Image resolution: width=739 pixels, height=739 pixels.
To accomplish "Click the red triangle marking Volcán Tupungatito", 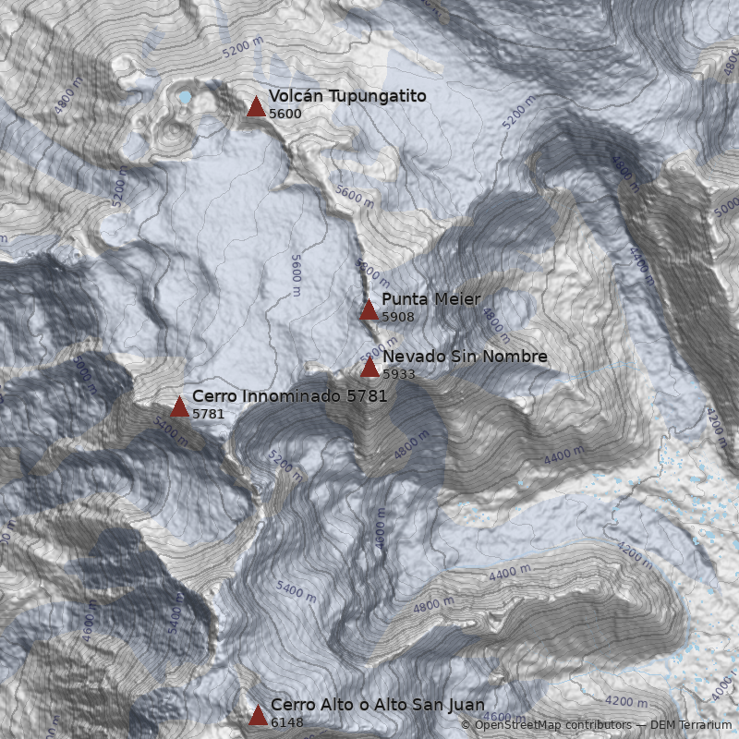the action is coord(257,106).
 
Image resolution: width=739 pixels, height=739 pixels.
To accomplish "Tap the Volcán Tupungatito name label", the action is coord(347,96).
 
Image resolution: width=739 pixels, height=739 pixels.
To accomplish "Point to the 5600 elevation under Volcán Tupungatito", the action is coord(285,114).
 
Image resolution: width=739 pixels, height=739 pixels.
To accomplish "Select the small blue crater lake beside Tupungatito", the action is coord(186,96).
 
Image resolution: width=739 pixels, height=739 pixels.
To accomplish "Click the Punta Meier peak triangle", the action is coord(369,309).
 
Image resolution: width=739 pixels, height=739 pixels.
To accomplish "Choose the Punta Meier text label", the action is coord(430,299).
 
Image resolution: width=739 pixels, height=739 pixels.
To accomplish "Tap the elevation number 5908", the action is coord(398,317).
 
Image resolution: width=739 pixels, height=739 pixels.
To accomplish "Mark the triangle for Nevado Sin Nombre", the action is coord(369,368).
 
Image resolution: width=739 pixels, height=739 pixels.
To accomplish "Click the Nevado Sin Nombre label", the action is coord(465,357).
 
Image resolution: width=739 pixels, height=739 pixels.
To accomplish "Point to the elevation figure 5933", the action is coord(399,375).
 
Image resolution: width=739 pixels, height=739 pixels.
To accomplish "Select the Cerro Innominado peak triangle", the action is coord(179,406).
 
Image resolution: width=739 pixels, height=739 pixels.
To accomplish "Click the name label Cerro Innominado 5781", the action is coord(289,396).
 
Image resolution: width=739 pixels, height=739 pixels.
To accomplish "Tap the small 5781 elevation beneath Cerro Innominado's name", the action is coord(208,414).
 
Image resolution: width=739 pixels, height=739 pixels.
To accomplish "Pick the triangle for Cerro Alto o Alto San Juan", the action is coord(258,715).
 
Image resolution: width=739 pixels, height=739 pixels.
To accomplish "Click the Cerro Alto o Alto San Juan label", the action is coord(377,705).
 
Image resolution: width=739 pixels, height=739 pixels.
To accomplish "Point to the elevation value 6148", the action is coord(287,722).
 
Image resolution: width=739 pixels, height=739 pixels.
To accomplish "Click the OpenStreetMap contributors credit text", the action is coord(552,726).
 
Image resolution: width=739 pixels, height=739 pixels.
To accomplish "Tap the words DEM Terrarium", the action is coord(691,726).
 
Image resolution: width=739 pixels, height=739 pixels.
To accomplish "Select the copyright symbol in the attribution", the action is coord(466,726).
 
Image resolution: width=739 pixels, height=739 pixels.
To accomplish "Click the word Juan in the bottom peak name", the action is coord(466,705).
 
